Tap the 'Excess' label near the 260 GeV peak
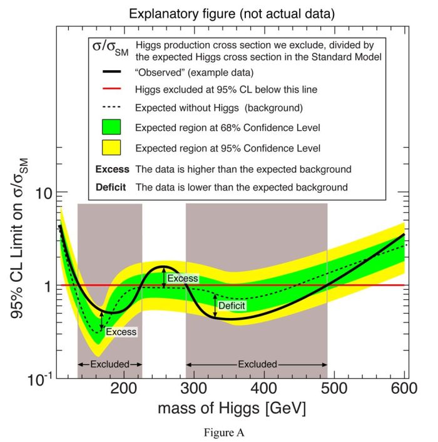(x=183, y=278)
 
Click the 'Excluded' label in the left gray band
(x=109, y=363)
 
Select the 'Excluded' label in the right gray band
(x=257, y=363)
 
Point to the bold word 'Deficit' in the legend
(x=111, y=187)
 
